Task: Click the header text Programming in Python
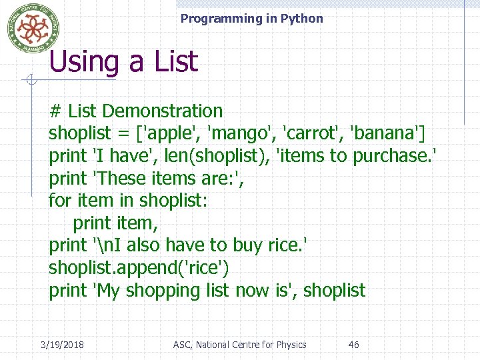251,19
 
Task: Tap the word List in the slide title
175,62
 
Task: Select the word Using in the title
85,62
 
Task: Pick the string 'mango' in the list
243,133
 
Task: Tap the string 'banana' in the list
386,133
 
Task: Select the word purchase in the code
391,156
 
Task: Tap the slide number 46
354,345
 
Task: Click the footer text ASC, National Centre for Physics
239,345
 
